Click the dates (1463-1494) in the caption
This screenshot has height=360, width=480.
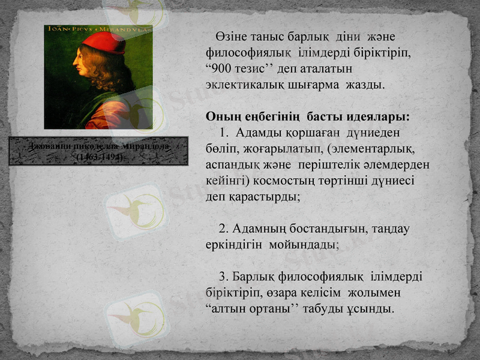pyautogui.click(x=100, y=157)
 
